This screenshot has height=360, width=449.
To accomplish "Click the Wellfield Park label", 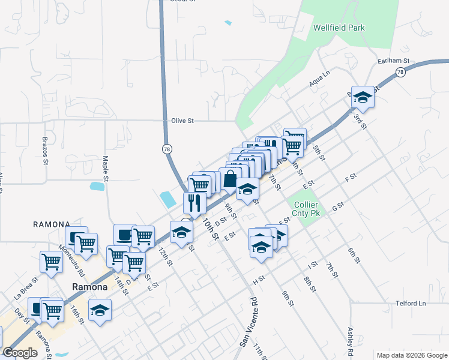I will pos(339,28).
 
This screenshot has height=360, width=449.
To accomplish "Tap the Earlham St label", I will pos(393,61).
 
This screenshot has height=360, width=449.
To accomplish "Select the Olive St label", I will pos(182,121).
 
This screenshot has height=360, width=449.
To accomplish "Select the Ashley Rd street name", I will pos(351,340).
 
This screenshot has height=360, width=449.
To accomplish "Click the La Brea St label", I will pos(26,287).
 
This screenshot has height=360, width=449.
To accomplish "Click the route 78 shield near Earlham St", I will pos(400,72).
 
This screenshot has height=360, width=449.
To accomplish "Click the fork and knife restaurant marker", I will pos(194,202).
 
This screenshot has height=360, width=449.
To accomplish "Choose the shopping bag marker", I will pos(230,178).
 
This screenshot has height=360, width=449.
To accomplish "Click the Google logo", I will pos(20,353).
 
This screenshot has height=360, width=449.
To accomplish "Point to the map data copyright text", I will pos(411,355).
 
